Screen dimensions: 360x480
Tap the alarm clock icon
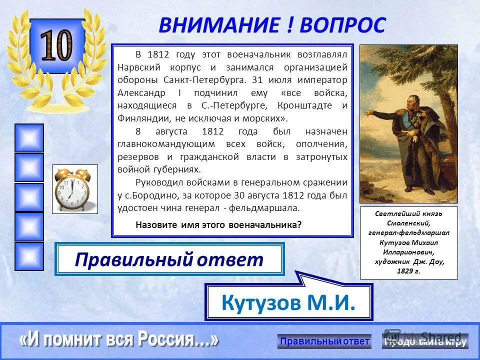click(74, 189)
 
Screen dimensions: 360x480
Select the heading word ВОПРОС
click(342, 25)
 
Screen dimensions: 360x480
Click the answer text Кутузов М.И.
click(288, 302)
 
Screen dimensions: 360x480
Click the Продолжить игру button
click(425, 341)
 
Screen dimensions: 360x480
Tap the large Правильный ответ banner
click(169, 259)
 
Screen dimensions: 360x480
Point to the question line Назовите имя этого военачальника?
click(218, 225)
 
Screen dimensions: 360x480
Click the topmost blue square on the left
click(29, 137)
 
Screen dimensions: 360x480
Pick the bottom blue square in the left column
click(29, 256)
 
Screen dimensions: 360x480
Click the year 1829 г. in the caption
click(408, 271)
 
